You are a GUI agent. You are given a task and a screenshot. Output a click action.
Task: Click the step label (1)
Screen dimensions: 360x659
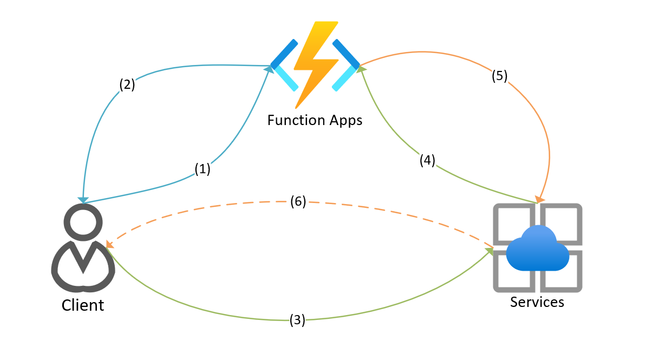tap(202, 169)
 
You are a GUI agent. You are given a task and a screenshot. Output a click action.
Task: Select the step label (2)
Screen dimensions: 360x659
tap(127, 84)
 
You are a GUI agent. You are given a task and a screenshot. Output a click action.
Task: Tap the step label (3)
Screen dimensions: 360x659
tap(297, 320)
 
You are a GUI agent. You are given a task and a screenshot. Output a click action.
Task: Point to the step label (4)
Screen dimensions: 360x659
tap(427, 160)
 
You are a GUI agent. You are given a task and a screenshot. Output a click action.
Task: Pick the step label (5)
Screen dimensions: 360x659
tap(499, 76)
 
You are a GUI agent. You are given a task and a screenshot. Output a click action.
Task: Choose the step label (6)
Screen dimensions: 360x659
tap(298, 201)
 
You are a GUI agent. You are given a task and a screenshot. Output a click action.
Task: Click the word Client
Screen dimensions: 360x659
tap(82, 305)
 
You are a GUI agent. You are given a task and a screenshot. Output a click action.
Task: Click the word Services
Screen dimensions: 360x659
tap(537, 302)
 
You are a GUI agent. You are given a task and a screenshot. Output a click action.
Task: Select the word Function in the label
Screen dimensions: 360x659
tap(296, 120)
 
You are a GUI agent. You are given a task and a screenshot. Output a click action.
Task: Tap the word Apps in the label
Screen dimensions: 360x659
tap(345, 120)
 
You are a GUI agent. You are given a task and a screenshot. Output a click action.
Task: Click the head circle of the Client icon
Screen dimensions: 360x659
tap(83, 222)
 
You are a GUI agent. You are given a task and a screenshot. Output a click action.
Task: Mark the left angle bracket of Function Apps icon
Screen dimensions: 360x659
tap(284, 64)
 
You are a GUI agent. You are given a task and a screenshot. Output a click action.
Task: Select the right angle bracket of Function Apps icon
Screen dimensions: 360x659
tap(345, 64)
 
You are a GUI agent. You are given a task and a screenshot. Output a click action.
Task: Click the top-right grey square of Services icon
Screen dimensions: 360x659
tap(560, 221)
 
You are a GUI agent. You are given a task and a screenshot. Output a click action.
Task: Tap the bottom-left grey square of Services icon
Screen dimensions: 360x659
tap(513, 273)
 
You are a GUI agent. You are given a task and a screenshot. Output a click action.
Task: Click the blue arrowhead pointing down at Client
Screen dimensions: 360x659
tap(83, 200)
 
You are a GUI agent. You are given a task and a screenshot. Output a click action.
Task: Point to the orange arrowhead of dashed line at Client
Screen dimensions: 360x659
tap(109, 245)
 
